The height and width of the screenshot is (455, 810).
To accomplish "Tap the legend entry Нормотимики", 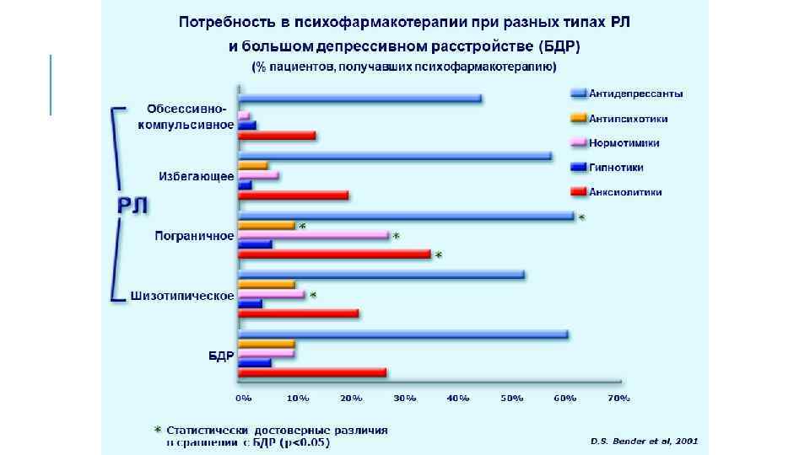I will pos(624,143).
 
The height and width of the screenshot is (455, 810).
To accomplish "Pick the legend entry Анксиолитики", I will pos(625,192).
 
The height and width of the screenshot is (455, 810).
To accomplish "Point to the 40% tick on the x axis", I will pos(458,397).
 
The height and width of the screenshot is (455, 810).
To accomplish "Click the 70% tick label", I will pos(618,397).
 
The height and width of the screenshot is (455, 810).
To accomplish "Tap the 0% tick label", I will pos(243,397).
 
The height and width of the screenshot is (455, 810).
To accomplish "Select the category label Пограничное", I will pos(194,236).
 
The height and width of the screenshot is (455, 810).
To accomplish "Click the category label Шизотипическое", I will pos(182,296).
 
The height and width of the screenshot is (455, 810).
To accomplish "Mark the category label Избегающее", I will pos(197,176).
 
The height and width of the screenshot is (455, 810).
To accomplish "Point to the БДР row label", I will pos(220,356).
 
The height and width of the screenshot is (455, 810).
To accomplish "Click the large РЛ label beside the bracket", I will pos(132,206).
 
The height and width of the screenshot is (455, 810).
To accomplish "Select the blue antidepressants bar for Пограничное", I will pos(406,216).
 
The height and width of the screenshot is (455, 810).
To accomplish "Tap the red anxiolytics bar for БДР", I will pos(312,372).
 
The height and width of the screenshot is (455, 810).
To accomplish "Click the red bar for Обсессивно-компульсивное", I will pos(277,135).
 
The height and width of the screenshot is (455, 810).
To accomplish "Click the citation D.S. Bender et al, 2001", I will pos(644,440).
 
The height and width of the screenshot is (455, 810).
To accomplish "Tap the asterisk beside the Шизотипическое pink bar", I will pos(313,295).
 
